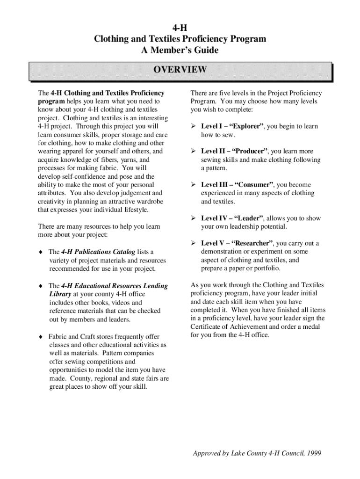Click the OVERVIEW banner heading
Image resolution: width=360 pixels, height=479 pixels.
point(180,70)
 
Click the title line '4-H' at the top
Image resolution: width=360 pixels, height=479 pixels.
point(180,28)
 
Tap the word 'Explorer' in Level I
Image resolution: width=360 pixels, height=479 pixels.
point(245,127)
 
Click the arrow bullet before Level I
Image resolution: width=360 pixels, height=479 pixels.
point(193,127)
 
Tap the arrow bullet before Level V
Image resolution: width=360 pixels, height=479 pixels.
point(193,244)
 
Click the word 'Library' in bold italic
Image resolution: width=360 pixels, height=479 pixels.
point(60,294)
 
